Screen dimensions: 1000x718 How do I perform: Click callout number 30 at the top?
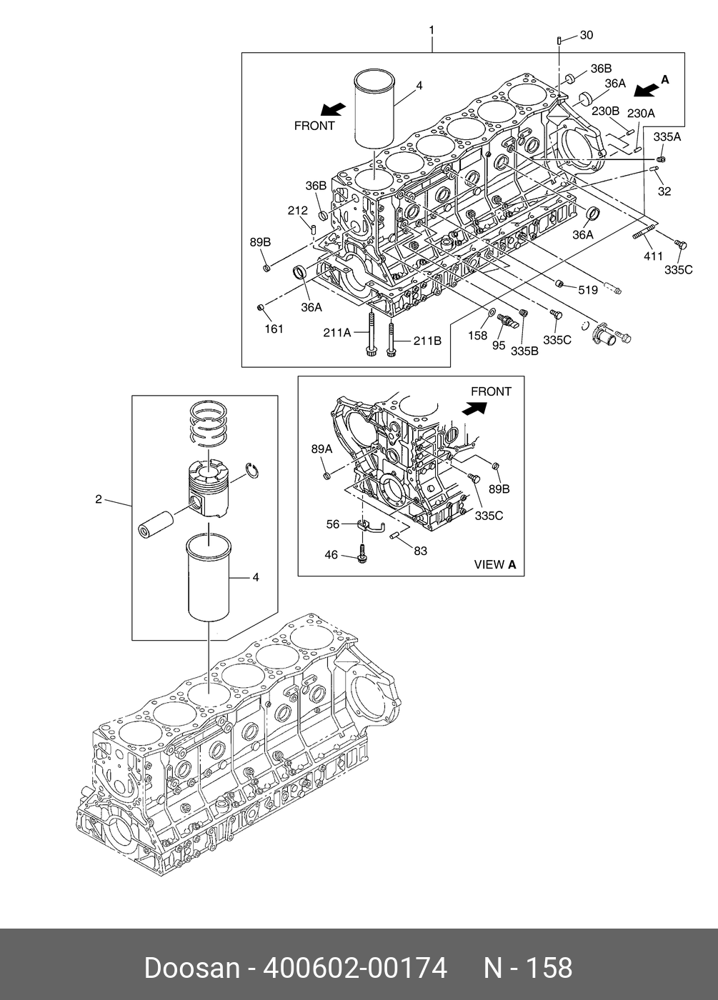[x=586, y=35]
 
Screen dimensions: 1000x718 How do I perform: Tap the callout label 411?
[x=653, y=256]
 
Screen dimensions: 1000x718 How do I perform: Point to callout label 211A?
[x=337, y=332]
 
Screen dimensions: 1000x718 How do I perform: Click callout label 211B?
[x=427, y=341]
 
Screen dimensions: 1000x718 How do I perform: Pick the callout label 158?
[x=478, y=335]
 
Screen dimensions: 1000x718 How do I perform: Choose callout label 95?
[x=499, y=345]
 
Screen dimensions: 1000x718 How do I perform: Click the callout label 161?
[x=274, y=329]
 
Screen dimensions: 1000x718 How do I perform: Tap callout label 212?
[x=298, y=211]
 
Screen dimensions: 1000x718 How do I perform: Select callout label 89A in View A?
[x=321, y=449]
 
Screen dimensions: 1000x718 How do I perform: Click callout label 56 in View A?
[x=333, y=524]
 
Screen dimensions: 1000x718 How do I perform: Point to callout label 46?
[x=331, y=554]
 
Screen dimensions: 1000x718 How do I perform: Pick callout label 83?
[x=421, y=551]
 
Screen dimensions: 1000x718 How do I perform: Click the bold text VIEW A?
[x=495, y=564]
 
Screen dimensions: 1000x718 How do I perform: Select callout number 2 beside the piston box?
[x=99, y=499]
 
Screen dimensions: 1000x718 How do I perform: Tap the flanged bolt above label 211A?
[x=372, y=333]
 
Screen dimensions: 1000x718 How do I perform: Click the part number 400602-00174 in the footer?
[x=355, y=969]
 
